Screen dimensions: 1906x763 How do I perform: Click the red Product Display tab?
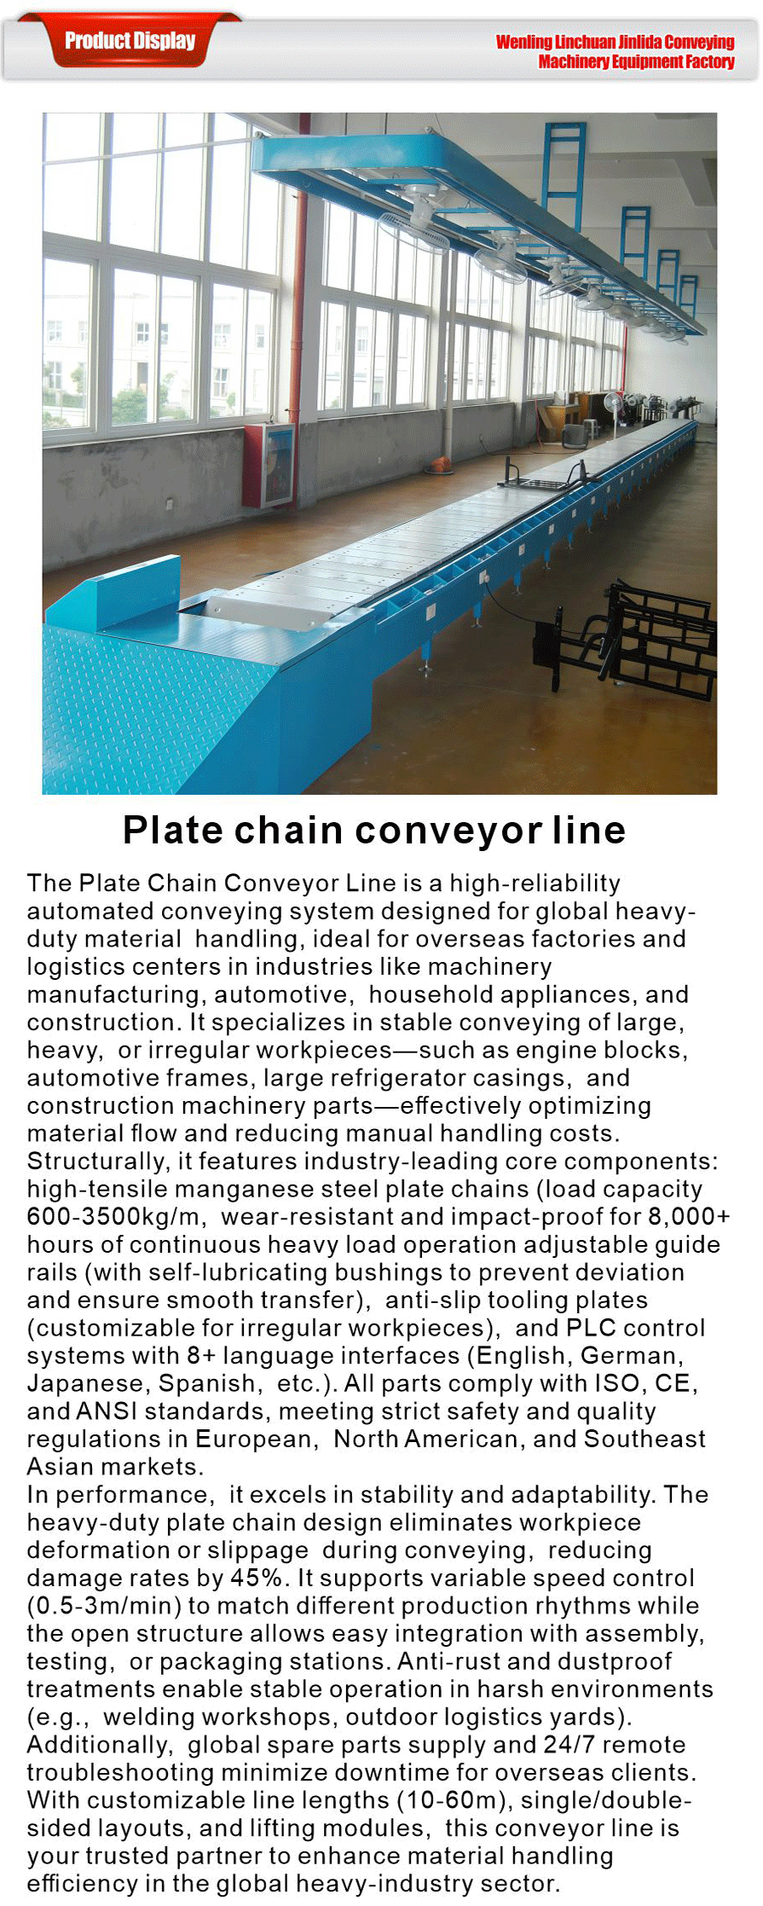click(x=130, y=41)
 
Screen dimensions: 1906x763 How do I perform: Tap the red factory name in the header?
click(x=615, y=51)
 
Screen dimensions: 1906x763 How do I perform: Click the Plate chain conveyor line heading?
click(x=374, y=830)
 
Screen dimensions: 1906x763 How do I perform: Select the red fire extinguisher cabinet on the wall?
click(x=268, y=465)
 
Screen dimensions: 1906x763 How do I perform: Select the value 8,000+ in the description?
click(x=689, y=1216)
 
